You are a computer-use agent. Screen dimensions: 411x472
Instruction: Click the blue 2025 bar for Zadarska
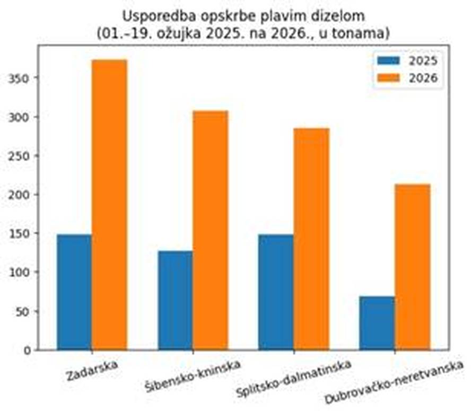pos(74,292)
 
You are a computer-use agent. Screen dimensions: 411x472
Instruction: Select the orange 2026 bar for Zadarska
pos(109,205)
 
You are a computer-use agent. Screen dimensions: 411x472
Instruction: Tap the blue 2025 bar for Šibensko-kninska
pos(175,300)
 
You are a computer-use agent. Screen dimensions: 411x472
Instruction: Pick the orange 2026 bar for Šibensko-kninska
pos(210,230)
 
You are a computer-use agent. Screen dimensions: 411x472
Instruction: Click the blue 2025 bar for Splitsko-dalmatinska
pos(276,292)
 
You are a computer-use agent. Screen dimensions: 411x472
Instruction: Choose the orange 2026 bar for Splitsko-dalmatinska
pos(311,239)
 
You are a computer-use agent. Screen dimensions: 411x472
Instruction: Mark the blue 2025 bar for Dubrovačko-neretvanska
pos(377,323)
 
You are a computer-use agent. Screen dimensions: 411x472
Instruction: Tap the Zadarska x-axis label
pos(92,371)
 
